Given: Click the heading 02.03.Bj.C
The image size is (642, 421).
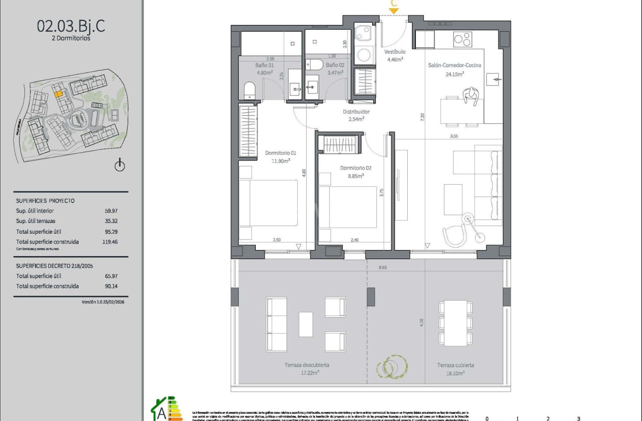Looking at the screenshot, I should tap(71, 25).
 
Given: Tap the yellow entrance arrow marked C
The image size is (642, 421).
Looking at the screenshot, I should tap(394, 10).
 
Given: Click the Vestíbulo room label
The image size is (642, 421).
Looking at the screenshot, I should tap(394, 52).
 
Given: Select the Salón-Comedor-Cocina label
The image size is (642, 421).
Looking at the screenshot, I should tap(455, 65).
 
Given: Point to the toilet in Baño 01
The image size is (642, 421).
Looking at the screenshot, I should tap(249, 91).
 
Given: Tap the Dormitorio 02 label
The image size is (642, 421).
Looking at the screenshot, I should tap(355, 168).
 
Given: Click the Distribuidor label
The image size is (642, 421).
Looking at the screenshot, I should tap(355, 112).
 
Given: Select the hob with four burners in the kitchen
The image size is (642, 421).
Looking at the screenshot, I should tap(462, 39).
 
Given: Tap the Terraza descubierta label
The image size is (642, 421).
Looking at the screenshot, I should tap(307, 365).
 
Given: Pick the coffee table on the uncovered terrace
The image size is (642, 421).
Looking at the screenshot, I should tap(306, 324).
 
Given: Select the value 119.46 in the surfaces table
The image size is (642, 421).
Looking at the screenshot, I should tap(110, 241).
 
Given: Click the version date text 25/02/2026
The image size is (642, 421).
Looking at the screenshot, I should tap(113, 302).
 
